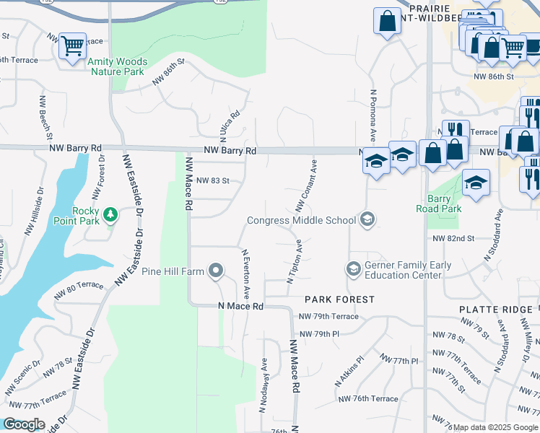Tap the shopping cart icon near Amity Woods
click(72, 46)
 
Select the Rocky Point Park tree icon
click(110, 214)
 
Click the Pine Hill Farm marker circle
click(216, 271)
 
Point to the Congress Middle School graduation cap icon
click(367, 220)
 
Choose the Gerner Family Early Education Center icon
click(353, 269)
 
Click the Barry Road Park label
click(438, 203)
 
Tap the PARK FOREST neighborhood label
click(339, 299)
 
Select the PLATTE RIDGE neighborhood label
click(495, 309)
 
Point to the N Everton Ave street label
click(245, 275)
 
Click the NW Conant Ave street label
click(306, 186)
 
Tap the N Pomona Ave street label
click(373, 115)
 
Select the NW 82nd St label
click(453, 238)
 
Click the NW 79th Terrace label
click(328, 317)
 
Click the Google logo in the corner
click(23, 424)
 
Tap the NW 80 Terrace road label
click(80, 292)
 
